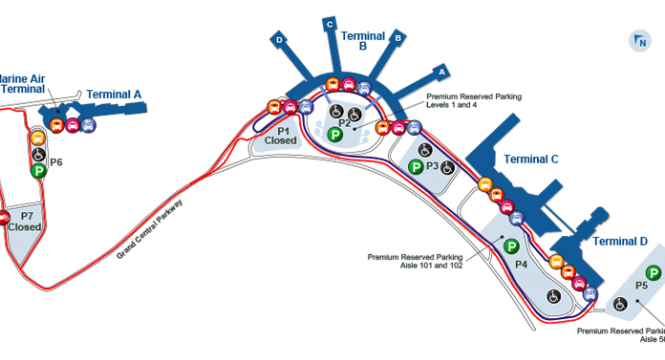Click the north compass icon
(x=639, y=40)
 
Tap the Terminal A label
(x=114, y=94)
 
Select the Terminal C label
(x=530, y=159)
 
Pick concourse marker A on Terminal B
(x=441, y=70)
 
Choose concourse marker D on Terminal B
(x=280, y=40)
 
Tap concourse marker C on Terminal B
(x=330, y=23)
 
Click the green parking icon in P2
(x=335, y=136)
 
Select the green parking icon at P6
(x=38, y=171)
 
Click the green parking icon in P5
(x=654, y=273)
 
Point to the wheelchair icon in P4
(x=553, y=297)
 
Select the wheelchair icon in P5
(x=619, y=305)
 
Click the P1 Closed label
(x=282, y=136)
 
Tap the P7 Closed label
(x=24, y=222)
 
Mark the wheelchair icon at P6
(x=38, y=155)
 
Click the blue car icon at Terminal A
(x=88, y=124)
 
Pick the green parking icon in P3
(x=416, y=167)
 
